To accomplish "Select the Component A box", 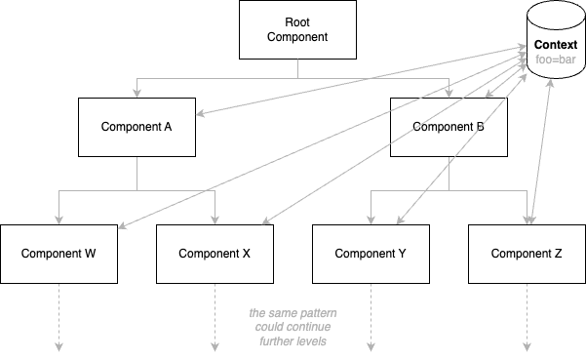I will (x=137, y=127).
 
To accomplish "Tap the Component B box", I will (x=449, y=127).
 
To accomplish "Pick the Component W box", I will (x=59, y=254).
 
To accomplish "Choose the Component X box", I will (x=215, y=254).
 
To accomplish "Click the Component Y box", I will (x=371, y=254).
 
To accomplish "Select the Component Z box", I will (x=527, y=254).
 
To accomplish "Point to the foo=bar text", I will (x=555, y=60).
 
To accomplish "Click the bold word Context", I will (x=555, y=46).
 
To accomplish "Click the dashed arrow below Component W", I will (x=59, y=317).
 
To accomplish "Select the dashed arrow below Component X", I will (x=215, y=317).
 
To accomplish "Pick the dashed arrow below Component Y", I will (x=371, y=317).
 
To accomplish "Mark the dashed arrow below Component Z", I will (x=527, y=317).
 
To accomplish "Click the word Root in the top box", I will (x=293, y=22).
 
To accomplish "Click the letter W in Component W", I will (x=90, y=254).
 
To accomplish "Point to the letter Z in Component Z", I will (x=559, y=254).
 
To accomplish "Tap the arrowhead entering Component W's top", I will (x=59, y=220).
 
